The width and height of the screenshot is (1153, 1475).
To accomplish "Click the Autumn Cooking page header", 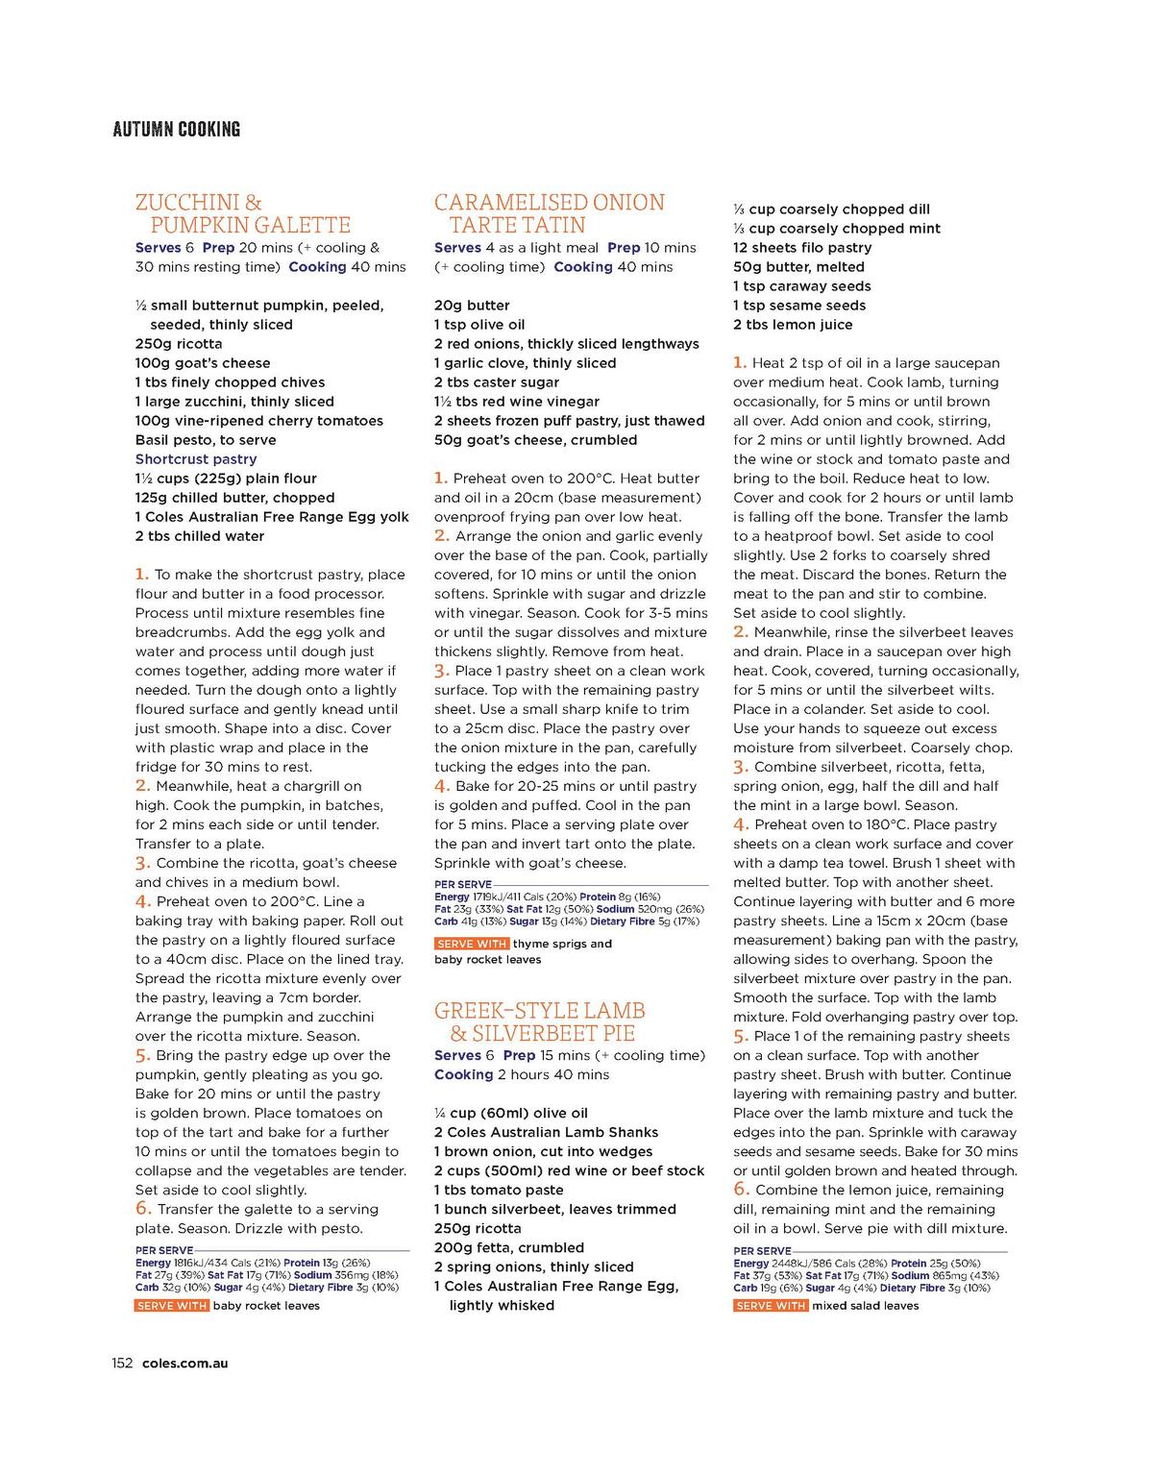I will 176,129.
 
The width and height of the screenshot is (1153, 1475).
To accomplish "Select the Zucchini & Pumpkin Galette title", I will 242,214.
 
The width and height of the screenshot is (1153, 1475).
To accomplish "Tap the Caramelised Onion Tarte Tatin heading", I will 549,214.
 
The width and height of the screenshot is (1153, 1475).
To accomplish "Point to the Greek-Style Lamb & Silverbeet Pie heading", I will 539,1022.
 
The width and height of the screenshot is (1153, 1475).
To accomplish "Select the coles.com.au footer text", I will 184,1363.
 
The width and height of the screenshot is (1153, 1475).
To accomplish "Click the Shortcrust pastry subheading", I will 196,459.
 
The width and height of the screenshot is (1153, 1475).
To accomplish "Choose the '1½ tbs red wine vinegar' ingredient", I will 516,402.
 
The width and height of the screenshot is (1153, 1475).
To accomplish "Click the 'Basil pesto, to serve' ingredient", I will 206,440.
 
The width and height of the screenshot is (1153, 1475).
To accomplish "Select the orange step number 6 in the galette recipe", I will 143,1208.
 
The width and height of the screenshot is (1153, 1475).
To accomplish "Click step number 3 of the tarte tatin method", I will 441,670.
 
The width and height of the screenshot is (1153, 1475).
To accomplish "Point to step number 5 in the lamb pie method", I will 740,1035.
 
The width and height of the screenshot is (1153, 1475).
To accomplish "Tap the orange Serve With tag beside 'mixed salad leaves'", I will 770,1306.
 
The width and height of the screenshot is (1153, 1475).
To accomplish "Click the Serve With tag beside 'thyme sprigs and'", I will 471,944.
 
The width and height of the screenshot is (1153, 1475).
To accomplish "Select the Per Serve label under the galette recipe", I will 163,1251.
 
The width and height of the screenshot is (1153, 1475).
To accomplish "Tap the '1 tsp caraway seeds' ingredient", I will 801,286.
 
